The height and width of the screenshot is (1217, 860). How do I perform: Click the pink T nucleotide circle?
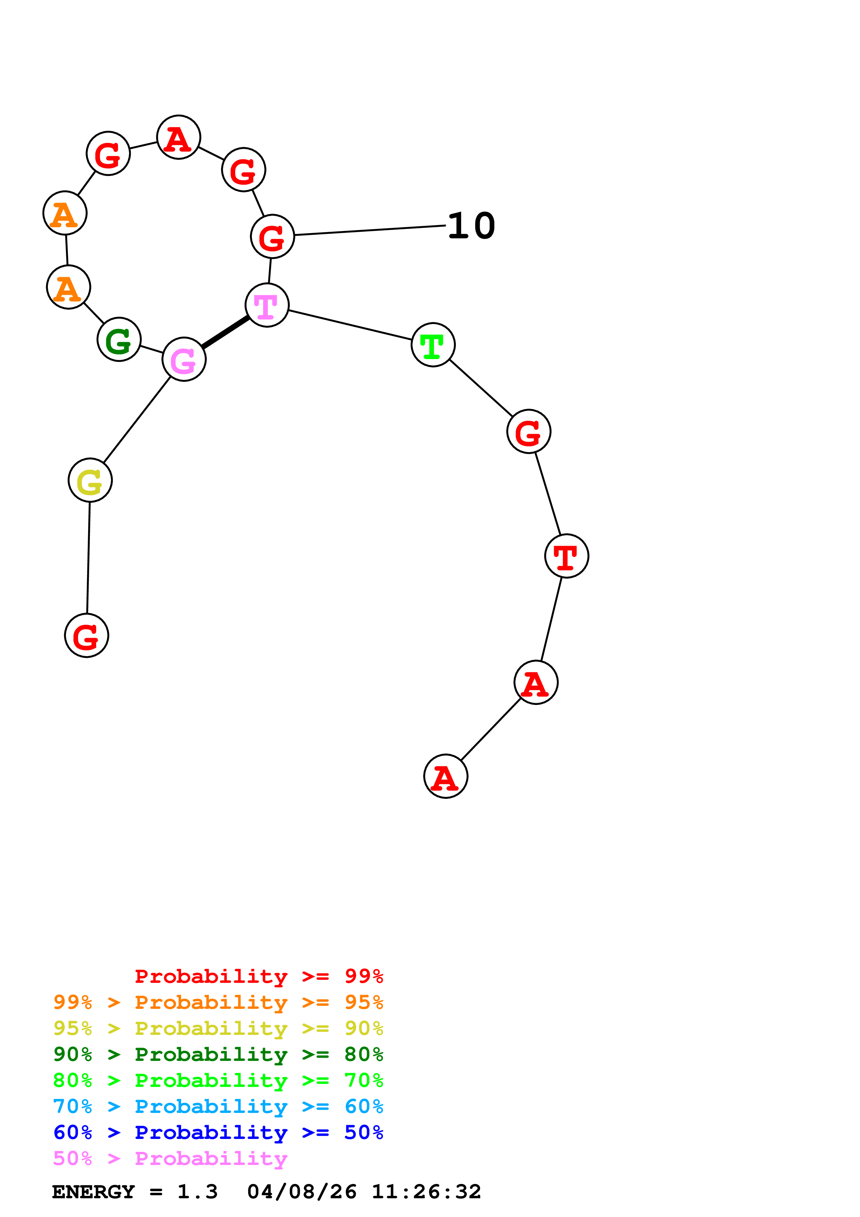point(267,305)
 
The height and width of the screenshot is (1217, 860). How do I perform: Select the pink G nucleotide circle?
point(184,359)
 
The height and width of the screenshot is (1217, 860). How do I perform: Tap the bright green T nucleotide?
point(433,344)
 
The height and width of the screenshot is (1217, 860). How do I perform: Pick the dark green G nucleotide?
point(119,339)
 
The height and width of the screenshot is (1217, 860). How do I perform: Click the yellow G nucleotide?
point(90,480)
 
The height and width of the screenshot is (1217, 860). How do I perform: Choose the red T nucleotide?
point(567,556)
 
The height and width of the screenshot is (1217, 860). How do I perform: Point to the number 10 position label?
point(471,226)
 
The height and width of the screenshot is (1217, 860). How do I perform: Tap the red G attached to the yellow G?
point(86,636)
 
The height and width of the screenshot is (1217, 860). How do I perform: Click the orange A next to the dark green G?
point(68,287)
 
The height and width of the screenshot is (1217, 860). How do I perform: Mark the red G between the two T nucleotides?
point(528,432)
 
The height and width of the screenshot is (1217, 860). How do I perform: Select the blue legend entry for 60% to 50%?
point(218,1133)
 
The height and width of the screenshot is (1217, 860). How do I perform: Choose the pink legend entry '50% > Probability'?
point(170,1159)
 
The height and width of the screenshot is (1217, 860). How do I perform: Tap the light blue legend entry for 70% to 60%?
point(218,1107)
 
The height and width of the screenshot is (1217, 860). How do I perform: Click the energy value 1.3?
point(197,1192)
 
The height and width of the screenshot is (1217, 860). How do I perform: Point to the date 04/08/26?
point(301,1192)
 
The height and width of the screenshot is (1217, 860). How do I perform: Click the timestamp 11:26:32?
point(426,1192)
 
